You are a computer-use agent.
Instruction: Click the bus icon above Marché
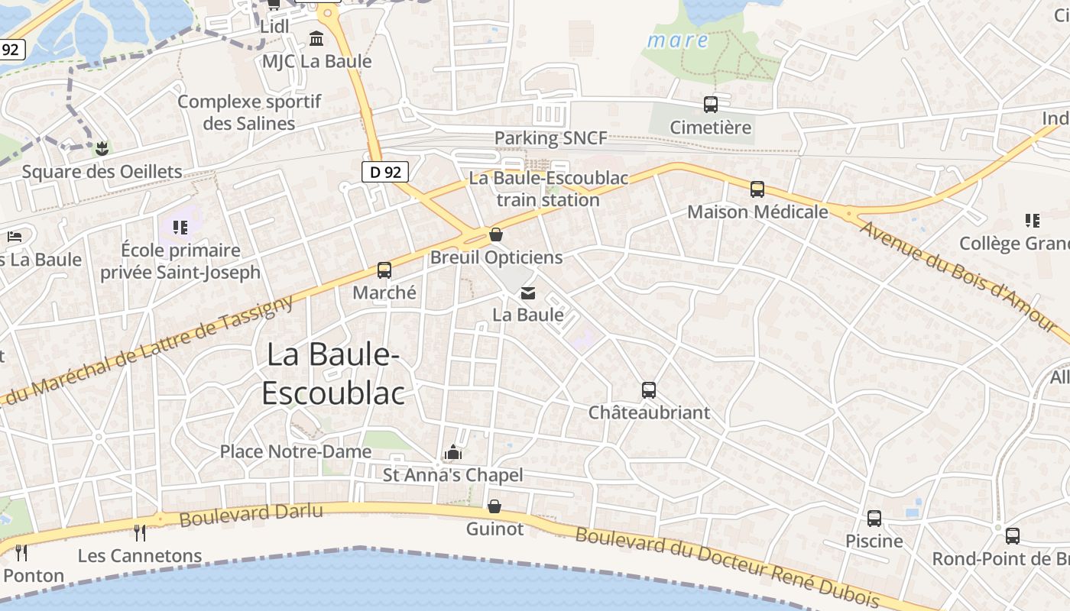[384, 270]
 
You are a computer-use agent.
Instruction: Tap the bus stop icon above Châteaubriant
[648, 390]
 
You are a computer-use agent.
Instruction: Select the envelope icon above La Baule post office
[527, 293]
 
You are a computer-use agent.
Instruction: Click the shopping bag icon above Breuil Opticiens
[495, 234]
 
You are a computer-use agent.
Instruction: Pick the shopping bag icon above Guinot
[494, 506]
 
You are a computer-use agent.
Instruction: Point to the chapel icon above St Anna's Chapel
[452, 453]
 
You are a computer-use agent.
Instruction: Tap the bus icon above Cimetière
[711, 105]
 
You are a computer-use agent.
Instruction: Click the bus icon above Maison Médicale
[757, 189]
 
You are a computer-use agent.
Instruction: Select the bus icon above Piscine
[874, 519]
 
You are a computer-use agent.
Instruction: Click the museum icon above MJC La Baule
[316, 38]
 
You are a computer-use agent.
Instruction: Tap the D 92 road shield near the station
[385, 172]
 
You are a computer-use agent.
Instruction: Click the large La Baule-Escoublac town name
[333, 374]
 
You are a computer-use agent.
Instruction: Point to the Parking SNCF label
[550, 138]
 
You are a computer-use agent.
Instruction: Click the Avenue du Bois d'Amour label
[959, 276]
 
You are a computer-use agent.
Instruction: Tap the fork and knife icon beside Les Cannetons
[139, 532]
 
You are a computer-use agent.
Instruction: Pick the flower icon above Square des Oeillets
[101, 148]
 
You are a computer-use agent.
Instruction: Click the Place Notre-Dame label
[296, 451]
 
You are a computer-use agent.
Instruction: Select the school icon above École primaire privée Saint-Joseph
[180, 227]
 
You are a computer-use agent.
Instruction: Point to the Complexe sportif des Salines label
[249, 112]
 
